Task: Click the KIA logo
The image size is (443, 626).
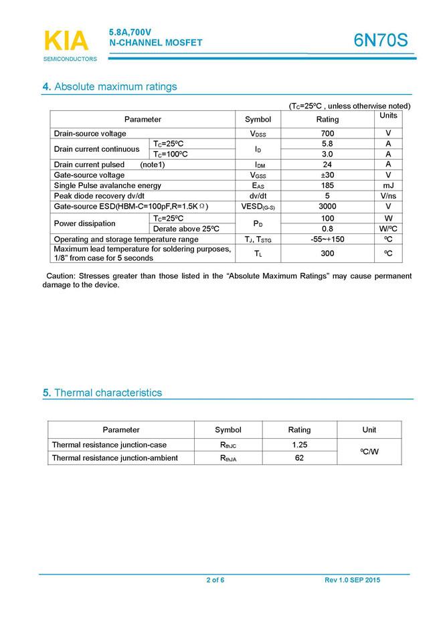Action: [66, 41]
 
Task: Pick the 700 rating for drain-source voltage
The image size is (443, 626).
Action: [327, 134]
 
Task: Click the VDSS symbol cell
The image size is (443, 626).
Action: [258, 134]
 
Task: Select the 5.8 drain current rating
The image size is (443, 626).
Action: [327, 144]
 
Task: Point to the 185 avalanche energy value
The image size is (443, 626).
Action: [327, 185]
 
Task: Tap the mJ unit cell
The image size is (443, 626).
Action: [388, 185]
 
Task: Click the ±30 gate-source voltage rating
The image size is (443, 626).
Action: [327, 175]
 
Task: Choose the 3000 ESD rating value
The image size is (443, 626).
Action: [327, 207]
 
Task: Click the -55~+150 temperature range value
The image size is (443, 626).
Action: [327, 239]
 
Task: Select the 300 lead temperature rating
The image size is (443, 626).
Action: [327, 254]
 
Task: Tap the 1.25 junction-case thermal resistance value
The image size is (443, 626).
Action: [299, 445]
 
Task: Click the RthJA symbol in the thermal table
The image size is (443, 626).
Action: [228, 458]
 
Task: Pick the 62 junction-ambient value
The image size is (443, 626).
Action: [299, 458]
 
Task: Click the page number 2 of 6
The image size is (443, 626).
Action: [215, 580]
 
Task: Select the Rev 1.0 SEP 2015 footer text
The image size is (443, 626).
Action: [352, 580]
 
